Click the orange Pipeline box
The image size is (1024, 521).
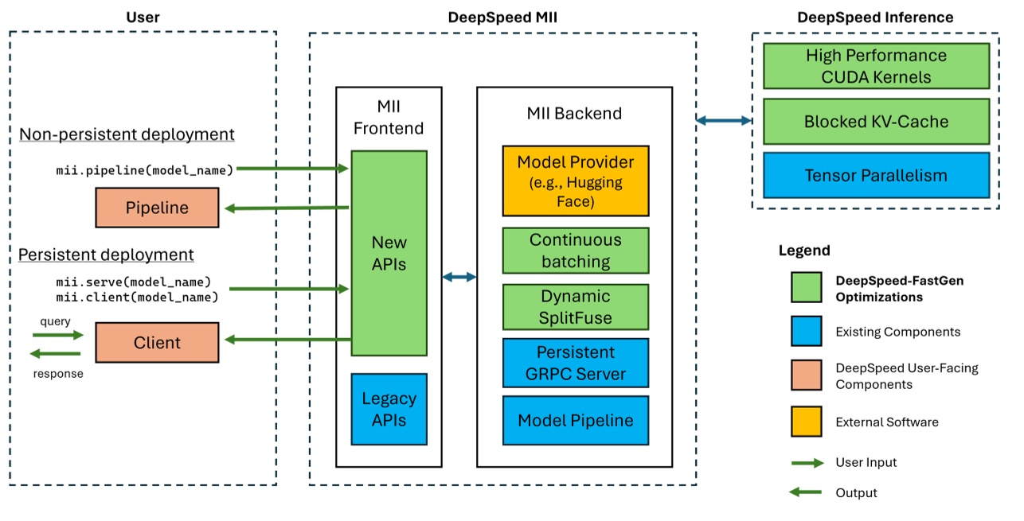pyautogui.click(x=157, y=208)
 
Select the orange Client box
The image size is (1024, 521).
pyautogui.click(x=157, y=343)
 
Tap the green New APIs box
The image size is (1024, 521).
pyautogui.click(x=389, y=253)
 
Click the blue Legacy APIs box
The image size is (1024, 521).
pyautogui.click(x=389, y=408)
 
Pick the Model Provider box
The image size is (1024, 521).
pyautogui.click(x=575, y=181)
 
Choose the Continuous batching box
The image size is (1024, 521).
pyautogui.click(x=575, y=251)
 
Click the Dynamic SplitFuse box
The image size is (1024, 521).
pyautogui.click(x=575, y=307)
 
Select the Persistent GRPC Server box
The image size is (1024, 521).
pyautogui.click(x=575, y=364)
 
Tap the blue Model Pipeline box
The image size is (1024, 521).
pyautogui.click(x=575, y=420)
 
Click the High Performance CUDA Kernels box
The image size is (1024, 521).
pyautogui.click(x=876, y=66)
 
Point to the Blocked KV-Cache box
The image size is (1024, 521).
pyautogui.click(x=876, y=122)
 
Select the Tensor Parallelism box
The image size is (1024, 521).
pyautogui.click(x=876, y=175)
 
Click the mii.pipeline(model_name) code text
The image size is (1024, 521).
pyautogui.click(x=145, y=169)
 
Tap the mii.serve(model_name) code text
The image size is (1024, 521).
pyautogui.click(x=133, y=282)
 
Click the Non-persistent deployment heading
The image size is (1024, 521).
pyautogui.click(x=127, y=134)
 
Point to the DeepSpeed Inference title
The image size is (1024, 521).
pyautogui.click(x=875, y=17)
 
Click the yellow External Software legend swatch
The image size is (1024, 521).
pyautogui.click(x=806, y=422)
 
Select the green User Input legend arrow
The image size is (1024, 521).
pyautogui.click(x=806, y=462)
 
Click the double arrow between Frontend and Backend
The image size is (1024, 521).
pyautogui.click(x=459, y=277)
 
